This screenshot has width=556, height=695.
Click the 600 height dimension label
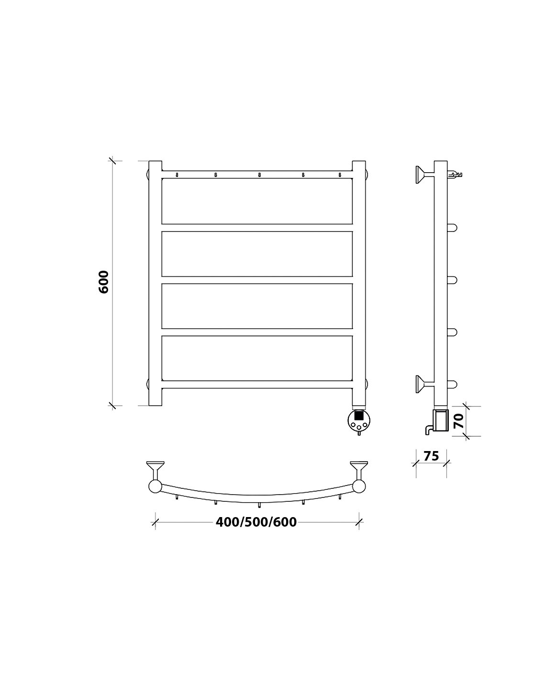[104, 282]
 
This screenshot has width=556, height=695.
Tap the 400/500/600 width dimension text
[256, 531]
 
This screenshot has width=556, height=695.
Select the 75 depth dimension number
[431, 456]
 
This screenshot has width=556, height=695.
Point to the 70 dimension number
[459, 421]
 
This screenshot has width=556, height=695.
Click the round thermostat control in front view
[358, 420]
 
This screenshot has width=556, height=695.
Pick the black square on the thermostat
[358, 415]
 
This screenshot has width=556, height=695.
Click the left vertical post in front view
[155, 283]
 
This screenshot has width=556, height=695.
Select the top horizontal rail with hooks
[257, 175]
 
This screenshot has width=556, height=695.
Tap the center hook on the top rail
[259, 175]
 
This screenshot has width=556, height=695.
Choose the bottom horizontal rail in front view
[257, 384]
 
